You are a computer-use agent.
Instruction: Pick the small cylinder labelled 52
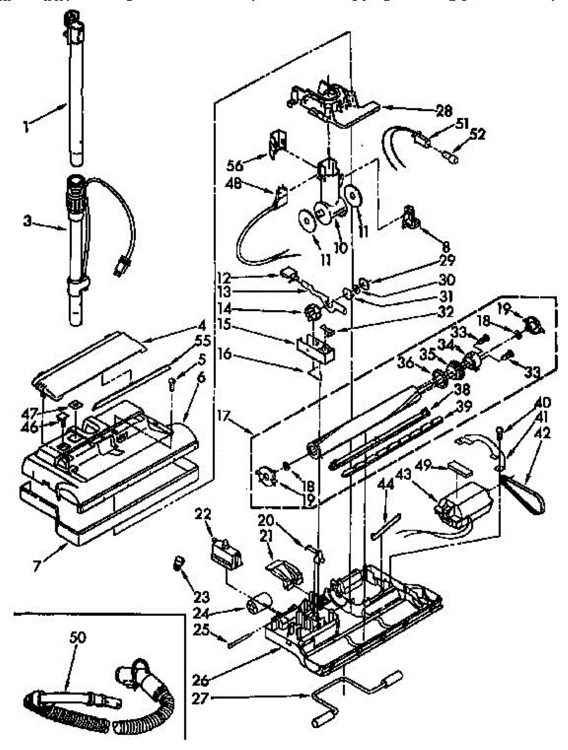(x=452, y=157)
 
